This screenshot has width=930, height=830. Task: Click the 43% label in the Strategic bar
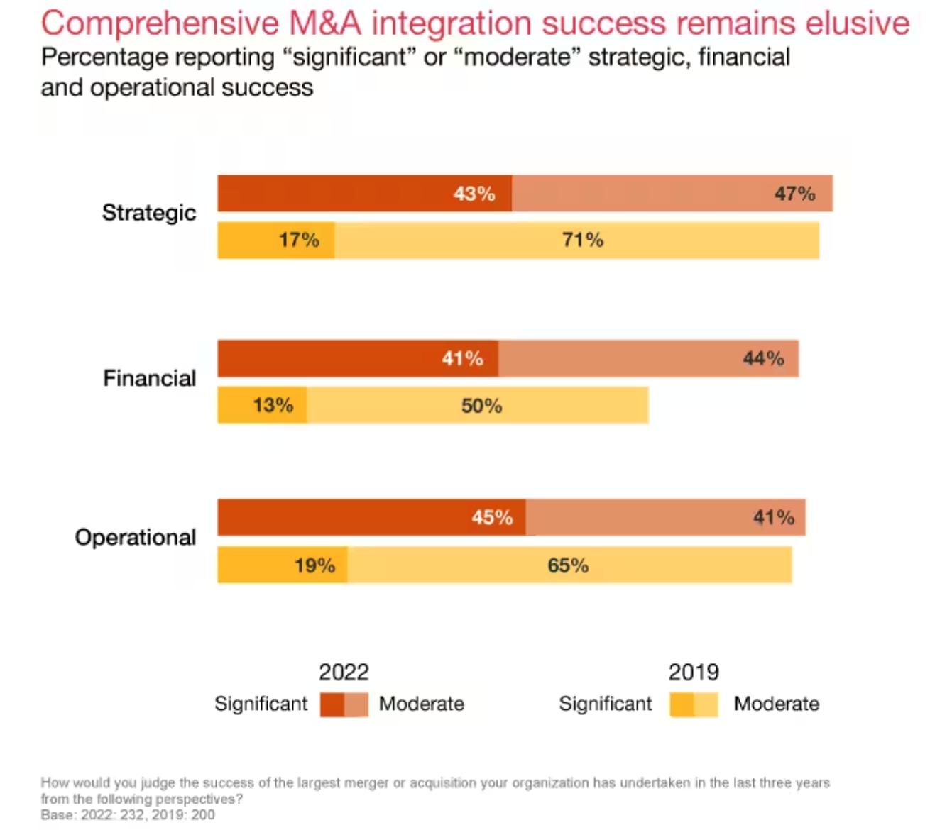(x=474, y=194)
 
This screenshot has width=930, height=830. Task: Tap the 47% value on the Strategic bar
(x=794, y=194)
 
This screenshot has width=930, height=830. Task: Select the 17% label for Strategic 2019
(x=299, y=240)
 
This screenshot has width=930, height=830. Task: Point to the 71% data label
(x=583, y=240)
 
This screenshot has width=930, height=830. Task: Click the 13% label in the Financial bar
(x=273, y=405)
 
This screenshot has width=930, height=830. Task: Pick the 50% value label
(x=481, y=406)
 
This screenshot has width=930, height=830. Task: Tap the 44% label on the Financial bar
(x=763, y=358)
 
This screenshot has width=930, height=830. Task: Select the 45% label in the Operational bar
(x=492, y=517)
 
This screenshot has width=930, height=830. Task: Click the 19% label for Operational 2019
(x=314, y=565)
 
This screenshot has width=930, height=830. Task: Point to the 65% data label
(x=568, y=565)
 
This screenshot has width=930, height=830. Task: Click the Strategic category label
(x=149, y=212)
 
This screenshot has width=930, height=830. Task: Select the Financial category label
(x=149, y=378)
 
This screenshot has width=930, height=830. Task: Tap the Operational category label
(x=136, y=537)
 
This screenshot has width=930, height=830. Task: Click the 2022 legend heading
(x=344, y=672)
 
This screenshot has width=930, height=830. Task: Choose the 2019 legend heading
(x=693, y=672)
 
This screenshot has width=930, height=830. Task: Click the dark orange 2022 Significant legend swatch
(x=332, y=704)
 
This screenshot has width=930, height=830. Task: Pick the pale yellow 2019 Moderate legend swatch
(x=706, y=704)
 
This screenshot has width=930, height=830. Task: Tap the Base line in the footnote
(x=128, y=815)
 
